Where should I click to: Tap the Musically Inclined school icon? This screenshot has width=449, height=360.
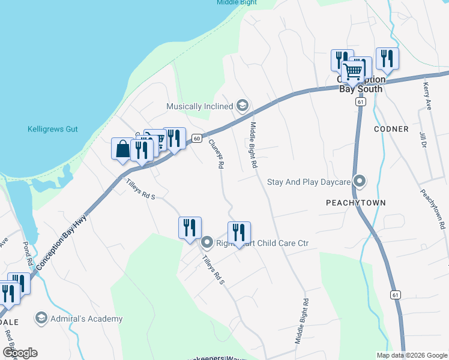point(243,106)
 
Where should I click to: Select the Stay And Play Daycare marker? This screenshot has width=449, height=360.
point(360,181)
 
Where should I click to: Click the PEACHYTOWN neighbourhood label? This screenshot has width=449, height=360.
point(355,203)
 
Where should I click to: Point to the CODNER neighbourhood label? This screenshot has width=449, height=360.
point(391,129)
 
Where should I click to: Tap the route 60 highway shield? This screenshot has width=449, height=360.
point(196,138)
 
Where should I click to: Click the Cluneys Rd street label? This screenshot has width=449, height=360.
point(216,154)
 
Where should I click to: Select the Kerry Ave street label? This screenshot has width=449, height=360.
point(429,97)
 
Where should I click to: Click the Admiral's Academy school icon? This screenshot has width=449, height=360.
point(41,319)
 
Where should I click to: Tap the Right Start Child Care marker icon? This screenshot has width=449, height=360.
point(207,243)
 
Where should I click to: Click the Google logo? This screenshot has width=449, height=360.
point(20,353)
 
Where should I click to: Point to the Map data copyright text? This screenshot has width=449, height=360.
point(412,355)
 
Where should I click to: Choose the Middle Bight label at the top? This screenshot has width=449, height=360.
point(237,2)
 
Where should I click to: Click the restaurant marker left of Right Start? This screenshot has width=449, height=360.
point(190,228)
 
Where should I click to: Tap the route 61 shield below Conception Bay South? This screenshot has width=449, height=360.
point(360,102)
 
